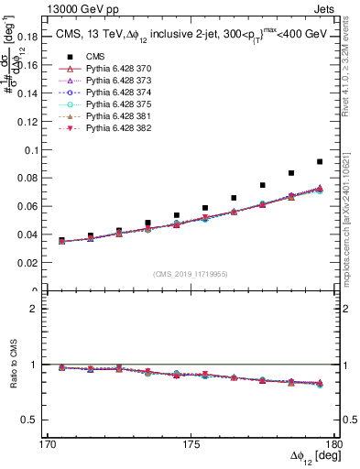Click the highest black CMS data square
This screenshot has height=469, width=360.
(320, 161)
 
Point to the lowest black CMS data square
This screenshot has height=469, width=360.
(61, 240)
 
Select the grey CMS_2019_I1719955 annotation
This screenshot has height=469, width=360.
(191, 273)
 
